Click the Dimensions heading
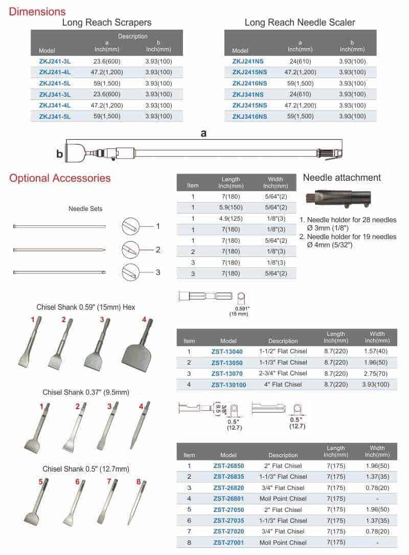pos(37,11)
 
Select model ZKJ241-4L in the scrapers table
pos(55,72)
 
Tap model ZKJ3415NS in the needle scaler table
pos(249,105)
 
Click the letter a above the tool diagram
pos(203,133)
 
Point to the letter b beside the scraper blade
pos(59,153)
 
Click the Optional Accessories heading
pos(60,178)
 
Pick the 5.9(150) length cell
pos(231,207)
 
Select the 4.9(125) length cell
pos(231,219)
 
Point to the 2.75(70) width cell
pos(377,373)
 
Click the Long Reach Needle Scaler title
pos(300,23)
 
